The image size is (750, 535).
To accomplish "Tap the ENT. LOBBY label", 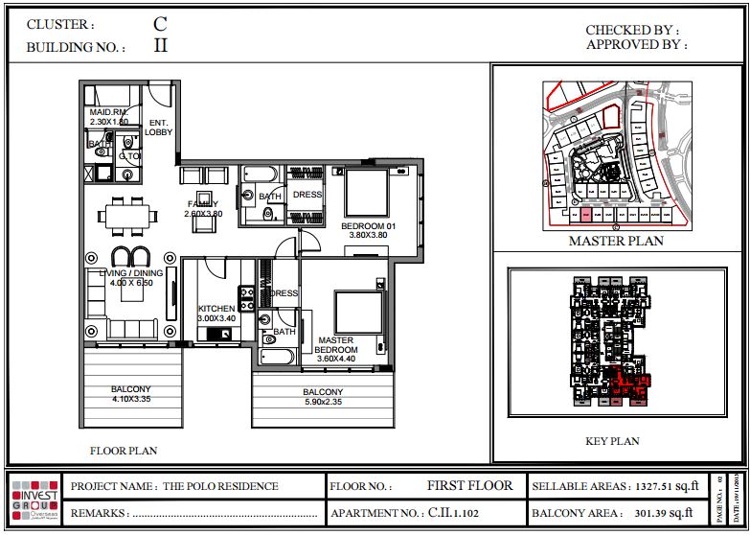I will point(158,128).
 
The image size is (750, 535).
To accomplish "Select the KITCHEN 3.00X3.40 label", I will point(216,314).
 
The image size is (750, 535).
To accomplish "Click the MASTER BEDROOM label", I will point(335,345).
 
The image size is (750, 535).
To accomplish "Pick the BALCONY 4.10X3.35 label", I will point(131,394).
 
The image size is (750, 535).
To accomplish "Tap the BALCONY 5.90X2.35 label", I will point(323,398).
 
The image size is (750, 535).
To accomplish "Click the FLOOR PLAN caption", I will point(124,450).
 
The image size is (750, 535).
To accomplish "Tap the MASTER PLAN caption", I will point(616,241).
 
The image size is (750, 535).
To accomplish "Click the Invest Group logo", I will point(34,500).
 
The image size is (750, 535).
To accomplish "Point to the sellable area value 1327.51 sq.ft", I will point(661,486).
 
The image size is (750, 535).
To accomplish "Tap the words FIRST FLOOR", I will point(469,485).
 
